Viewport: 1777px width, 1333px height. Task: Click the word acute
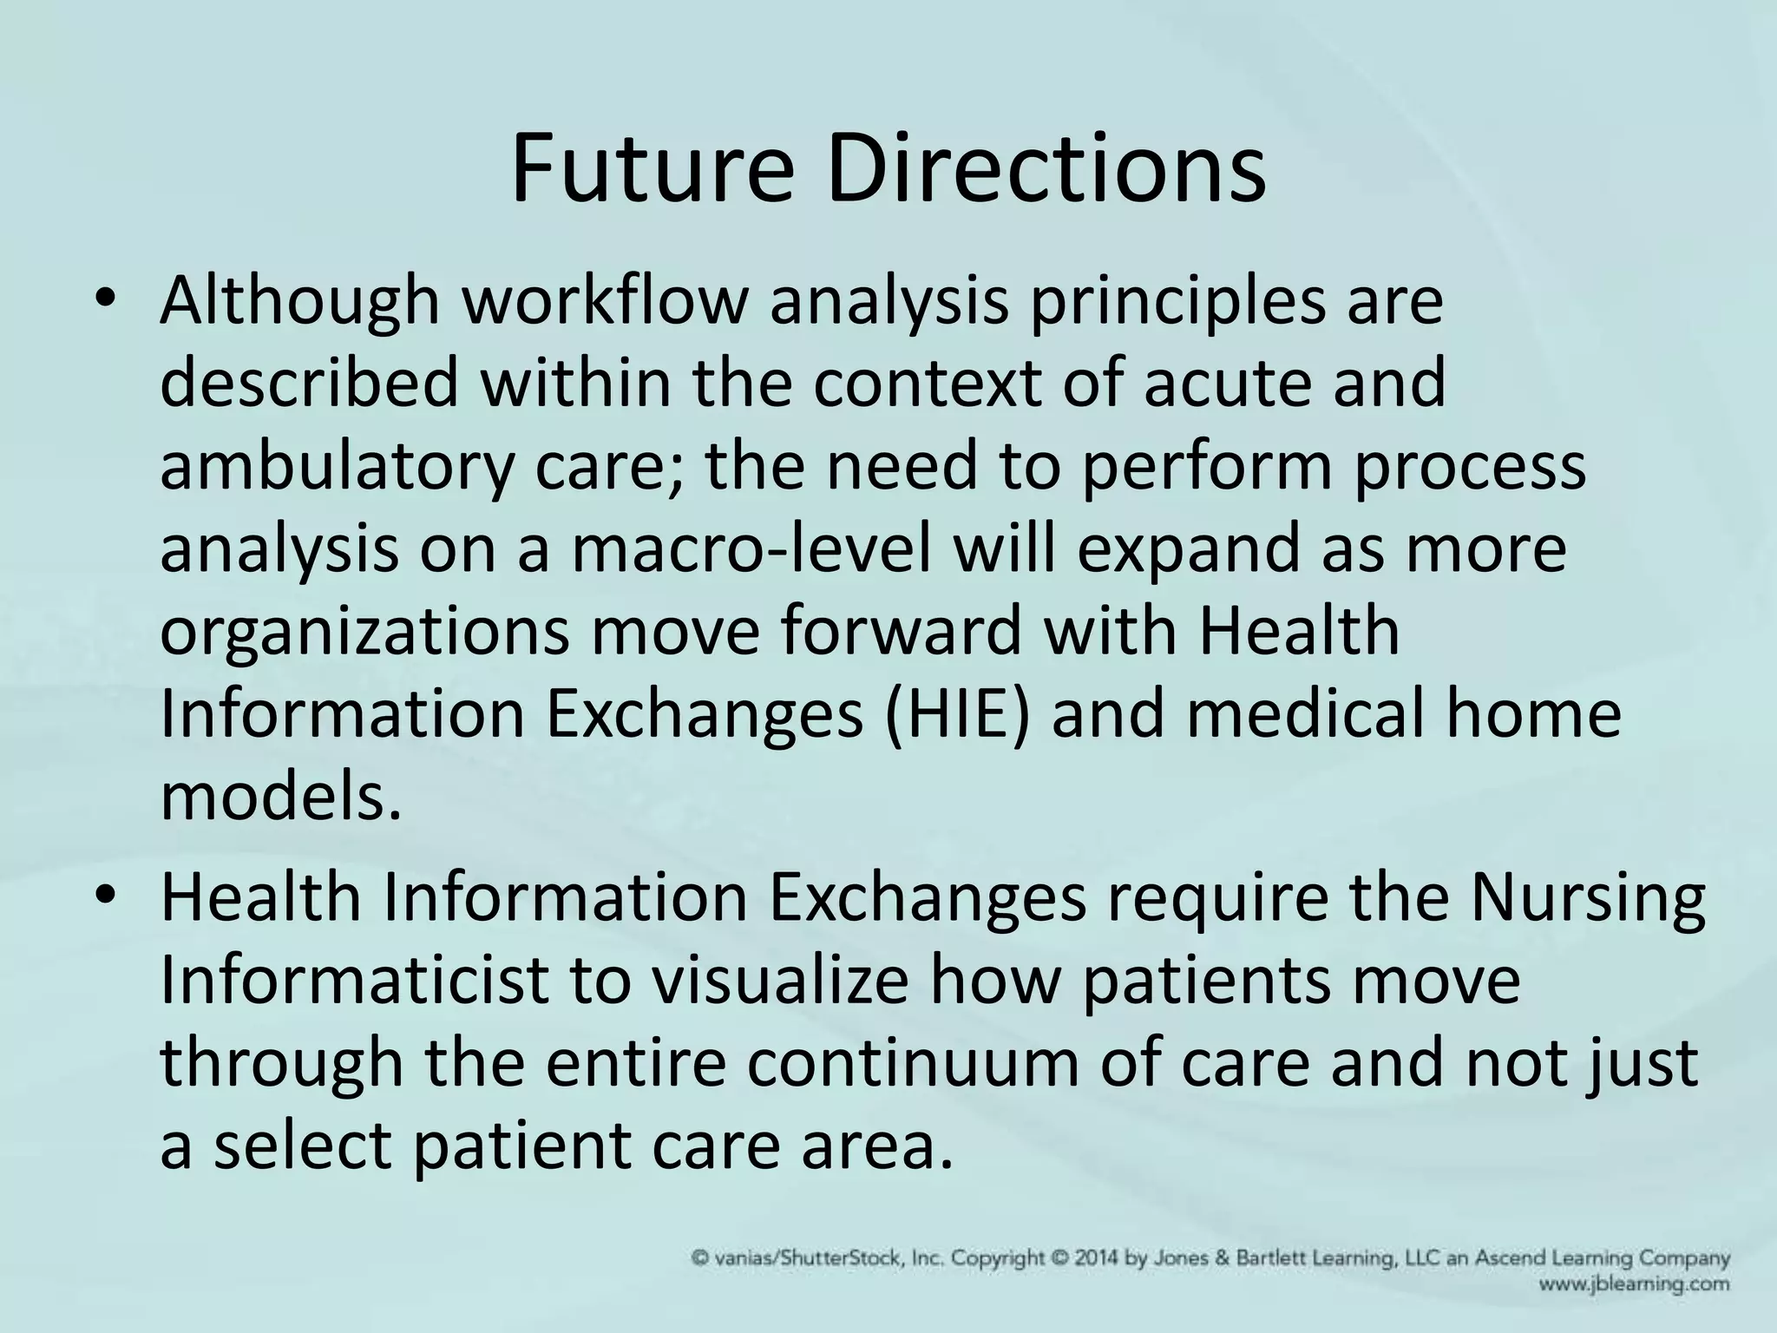(1227, 384)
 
